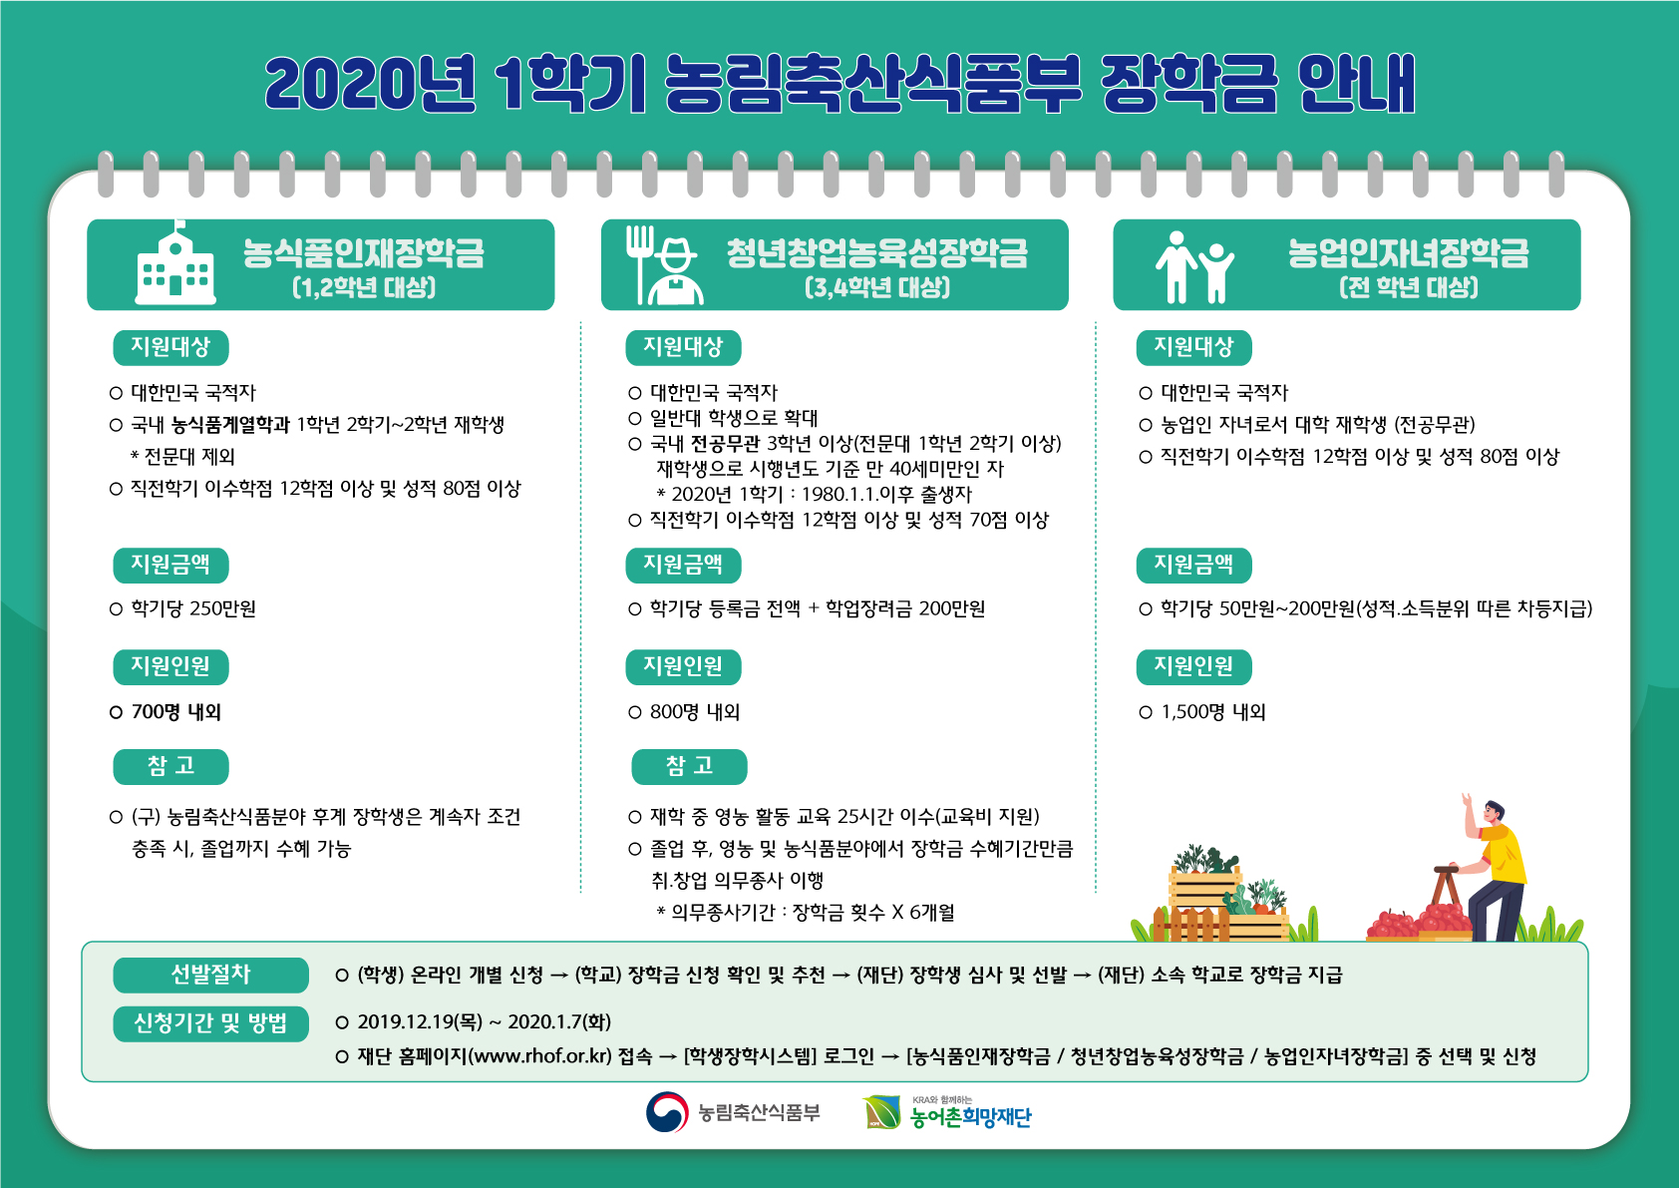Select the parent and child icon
[1194, 267]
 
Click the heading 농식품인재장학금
[364, 252]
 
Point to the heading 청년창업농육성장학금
[877, 252]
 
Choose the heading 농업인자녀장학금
[1409, 252]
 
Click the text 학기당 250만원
[193, 608]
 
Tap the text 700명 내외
[176, 712]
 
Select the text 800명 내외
[695, 712]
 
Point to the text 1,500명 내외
[1213, 712]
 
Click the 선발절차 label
[210, 975]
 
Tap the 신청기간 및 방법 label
[210, 1023]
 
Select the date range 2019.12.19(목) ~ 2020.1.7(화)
[485, 1021]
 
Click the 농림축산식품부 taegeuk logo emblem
[666, 1112]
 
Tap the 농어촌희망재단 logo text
[971, 1117]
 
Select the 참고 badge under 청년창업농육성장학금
[690, 766]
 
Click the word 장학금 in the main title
[1188, 84]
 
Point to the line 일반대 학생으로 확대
[734, 418]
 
